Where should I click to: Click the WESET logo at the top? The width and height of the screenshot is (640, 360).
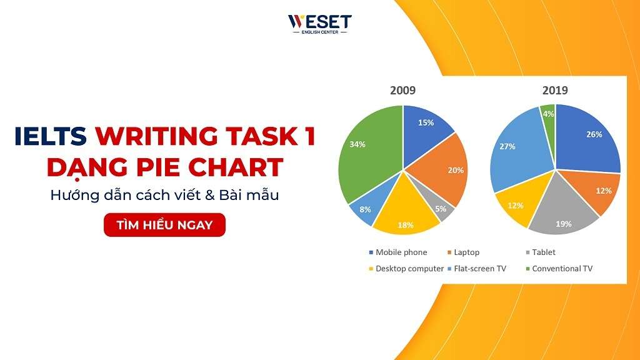pyautogui.click(x=319, y=24)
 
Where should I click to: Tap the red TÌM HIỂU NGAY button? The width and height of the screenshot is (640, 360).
pyautogui.click(x=164, y=225)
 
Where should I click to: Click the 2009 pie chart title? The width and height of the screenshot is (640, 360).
pyautogui.click(x=402, y=91)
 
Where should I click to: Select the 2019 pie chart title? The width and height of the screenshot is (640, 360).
pyautogui.click(x=555, y=91)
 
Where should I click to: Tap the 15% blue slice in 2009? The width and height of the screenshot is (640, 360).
pyautogui.click(x=427, y=128)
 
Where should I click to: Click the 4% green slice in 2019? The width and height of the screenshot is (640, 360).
pyautogui.click(x=548, y=116)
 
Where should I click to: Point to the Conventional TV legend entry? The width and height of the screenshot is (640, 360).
pyautogui.click(x=557, y=269)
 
